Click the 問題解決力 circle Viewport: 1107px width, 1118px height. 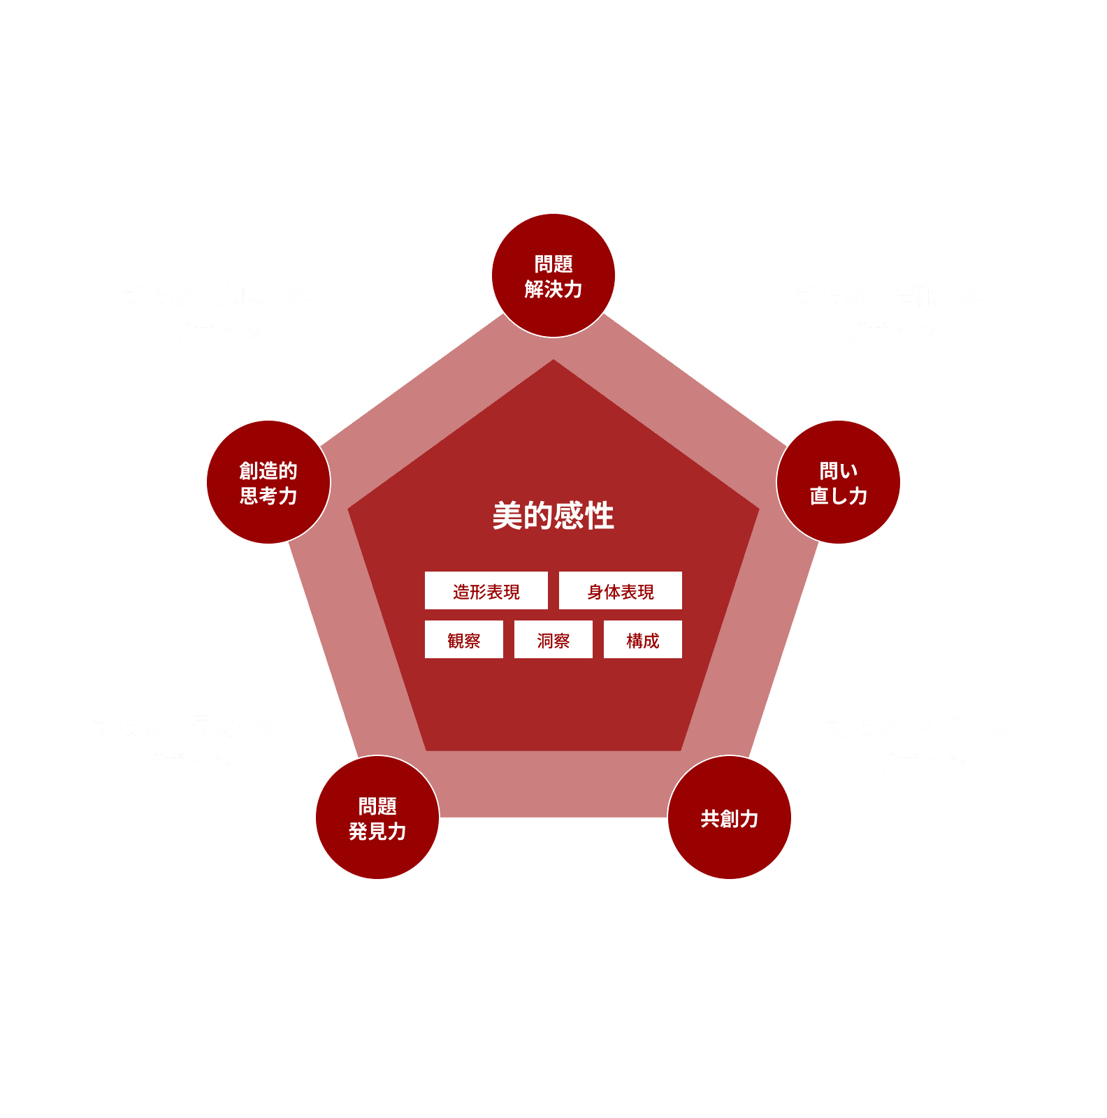[x=553, y=276]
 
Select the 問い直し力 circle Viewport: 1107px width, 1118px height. [x=839, y=482]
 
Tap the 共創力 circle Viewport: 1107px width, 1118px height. [x=730, y=818]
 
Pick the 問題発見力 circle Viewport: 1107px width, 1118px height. [x=377, y=818]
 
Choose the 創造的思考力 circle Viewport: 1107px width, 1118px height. [x=268, y=482]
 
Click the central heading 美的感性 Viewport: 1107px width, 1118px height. [x=553, y=516]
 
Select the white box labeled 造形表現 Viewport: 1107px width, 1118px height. [x=486, y=591]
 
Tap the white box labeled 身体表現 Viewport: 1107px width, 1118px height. [x=621, y=591]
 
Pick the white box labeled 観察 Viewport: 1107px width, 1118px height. [x=464, y=640]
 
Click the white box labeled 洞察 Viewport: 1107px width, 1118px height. [x=553, y=640]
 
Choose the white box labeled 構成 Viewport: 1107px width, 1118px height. [x=643, y=640]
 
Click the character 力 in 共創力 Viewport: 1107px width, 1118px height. [x=749, y=818]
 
